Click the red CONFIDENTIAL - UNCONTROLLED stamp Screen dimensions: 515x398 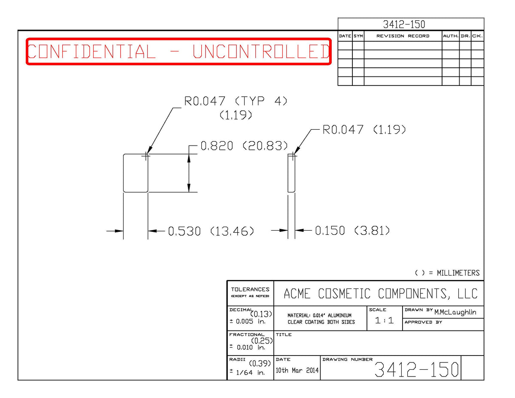click(x=179, y=51)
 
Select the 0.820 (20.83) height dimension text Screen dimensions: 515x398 click(x=244, y=146)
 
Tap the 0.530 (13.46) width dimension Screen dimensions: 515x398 click(x=211, y=231)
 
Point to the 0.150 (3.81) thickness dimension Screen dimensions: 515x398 click(x=352, y=231)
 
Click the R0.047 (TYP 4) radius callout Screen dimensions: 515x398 click(x=236, y=101)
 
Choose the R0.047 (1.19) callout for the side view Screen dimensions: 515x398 click(x=364, y=130)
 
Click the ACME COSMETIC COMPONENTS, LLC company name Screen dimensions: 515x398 click(x=381, y=294)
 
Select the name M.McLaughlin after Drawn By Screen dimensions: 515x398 click(x=455, y=312)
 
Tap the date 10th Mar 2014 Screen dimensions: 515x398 click(x=297, y=370)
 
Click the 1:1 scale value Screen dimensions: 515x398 click(x=384, y=320)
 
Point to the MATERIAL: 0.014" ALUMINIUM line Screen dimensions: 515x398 click(x=319, y=315)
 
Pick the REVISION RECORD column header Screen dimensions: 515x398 click(x=403, y=36)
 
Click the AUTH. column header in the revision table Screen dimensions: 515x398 click(x=451, y=36)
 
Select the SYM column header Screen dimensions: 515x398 click(x=358, y=36)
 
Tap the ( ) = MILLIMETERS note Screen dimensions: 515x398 click(x=447, y=273)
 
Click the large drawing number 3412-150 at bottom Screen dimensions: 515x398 click(x=417, y=369)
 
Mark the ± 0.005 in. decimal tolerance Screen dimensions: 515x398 click(x=247, y=322)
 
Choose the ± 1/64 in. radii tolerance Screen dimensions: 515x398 click(x=247, y=372)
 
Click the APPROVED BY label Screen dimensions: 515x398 click(x=423, y=322)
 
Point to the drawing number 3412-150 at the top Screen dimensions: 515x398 click(x=404, y=24)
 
